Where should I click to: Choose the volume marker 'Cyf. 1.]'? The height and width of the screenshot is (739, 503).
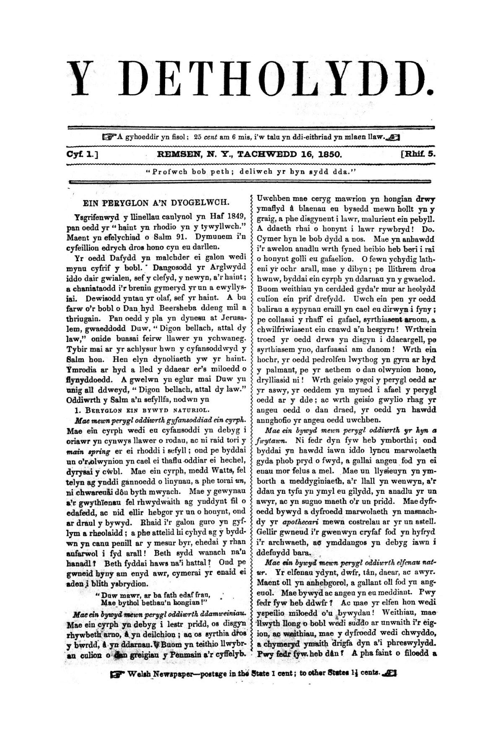(82, 154)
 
